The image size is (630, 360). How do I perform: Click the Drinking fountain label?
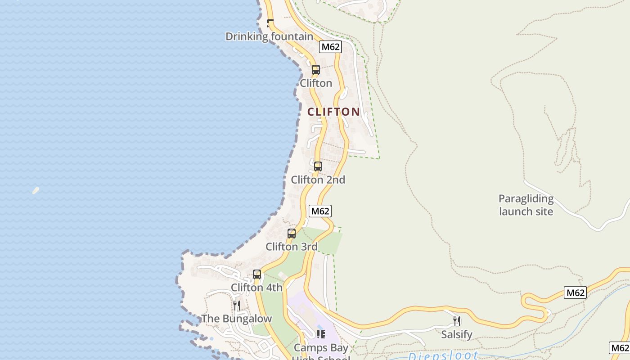tap(269, 36)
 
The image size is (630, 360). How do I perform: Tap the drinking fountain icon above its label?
tap(270, 22)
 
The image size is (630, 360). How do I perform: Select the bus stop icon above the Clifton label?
tap(316, 70)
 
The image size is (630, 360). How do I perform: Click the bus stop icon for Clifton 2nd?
tap(318, 166)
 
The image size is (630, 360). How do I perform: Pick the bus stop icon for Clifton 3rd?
tap(292, 233)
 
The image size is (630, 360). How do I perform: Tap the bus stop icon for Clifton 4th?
tap(257, 274)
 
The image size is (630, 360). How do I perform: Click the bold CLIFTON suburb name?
tap(333, 112)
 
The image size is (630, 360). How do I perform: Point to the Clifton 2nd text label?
tap(318, 180)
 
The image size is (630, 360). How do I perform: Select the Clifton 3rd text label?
tap(292, 247)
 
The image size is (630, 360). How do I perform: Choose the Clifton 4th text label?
tap(256, 287)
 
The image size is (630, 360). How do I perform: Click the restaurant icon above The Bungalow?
tap(237, 306)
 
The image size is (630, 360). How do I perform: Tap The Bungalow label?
tap(237, 319)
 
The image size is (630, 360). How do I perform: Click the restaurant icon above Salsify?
tap(457, 321)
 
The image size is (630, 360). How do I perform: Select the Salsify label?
tap(457, 334)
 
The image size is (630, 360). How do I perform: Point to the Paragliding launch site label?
tap(526, 205)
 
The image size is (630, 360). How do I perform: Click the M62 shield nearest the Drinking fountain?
tap(331, 47)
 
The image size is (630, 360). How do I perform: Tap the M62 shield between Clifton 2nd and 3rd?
tap(320, 211)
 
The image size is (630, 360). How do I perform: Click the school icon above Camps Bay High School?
tap(321, 334)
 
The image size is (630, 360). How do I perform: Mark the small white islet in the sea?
tap(36, 190)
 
